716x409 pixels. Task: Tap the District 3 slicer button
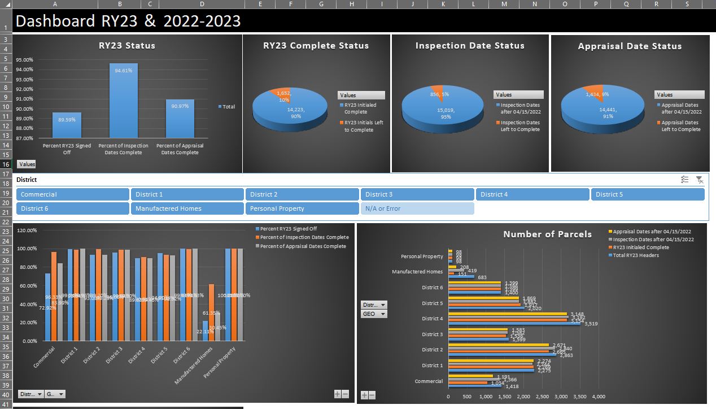417,194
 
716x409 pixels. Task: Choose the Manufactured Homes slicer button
187,208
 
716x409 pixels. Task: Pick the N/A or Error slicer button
417,208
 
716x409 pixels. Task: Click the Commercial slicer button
73,194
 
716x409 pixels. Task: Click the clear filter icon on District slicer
700,180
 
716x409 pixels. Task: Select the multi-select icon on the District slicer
684,180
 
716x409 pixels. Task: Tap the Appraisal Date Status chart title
630,46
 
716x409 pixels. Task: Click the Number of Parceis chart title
547,234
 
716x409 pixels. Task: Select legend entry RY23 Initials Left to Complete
364,126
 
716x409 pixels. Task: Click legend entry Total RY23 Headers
636,255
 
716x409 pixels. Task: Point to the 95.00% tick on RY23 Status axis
25,60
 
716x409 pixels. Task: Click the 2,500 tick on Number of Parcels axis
542,397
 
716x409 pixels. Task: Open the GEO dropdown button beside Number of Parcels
374,314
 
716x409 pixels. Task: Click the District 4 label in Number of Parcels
433,319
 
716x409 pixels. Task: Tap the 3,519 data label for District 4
591,324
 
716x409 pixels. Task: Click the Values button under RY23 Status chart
27,164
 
